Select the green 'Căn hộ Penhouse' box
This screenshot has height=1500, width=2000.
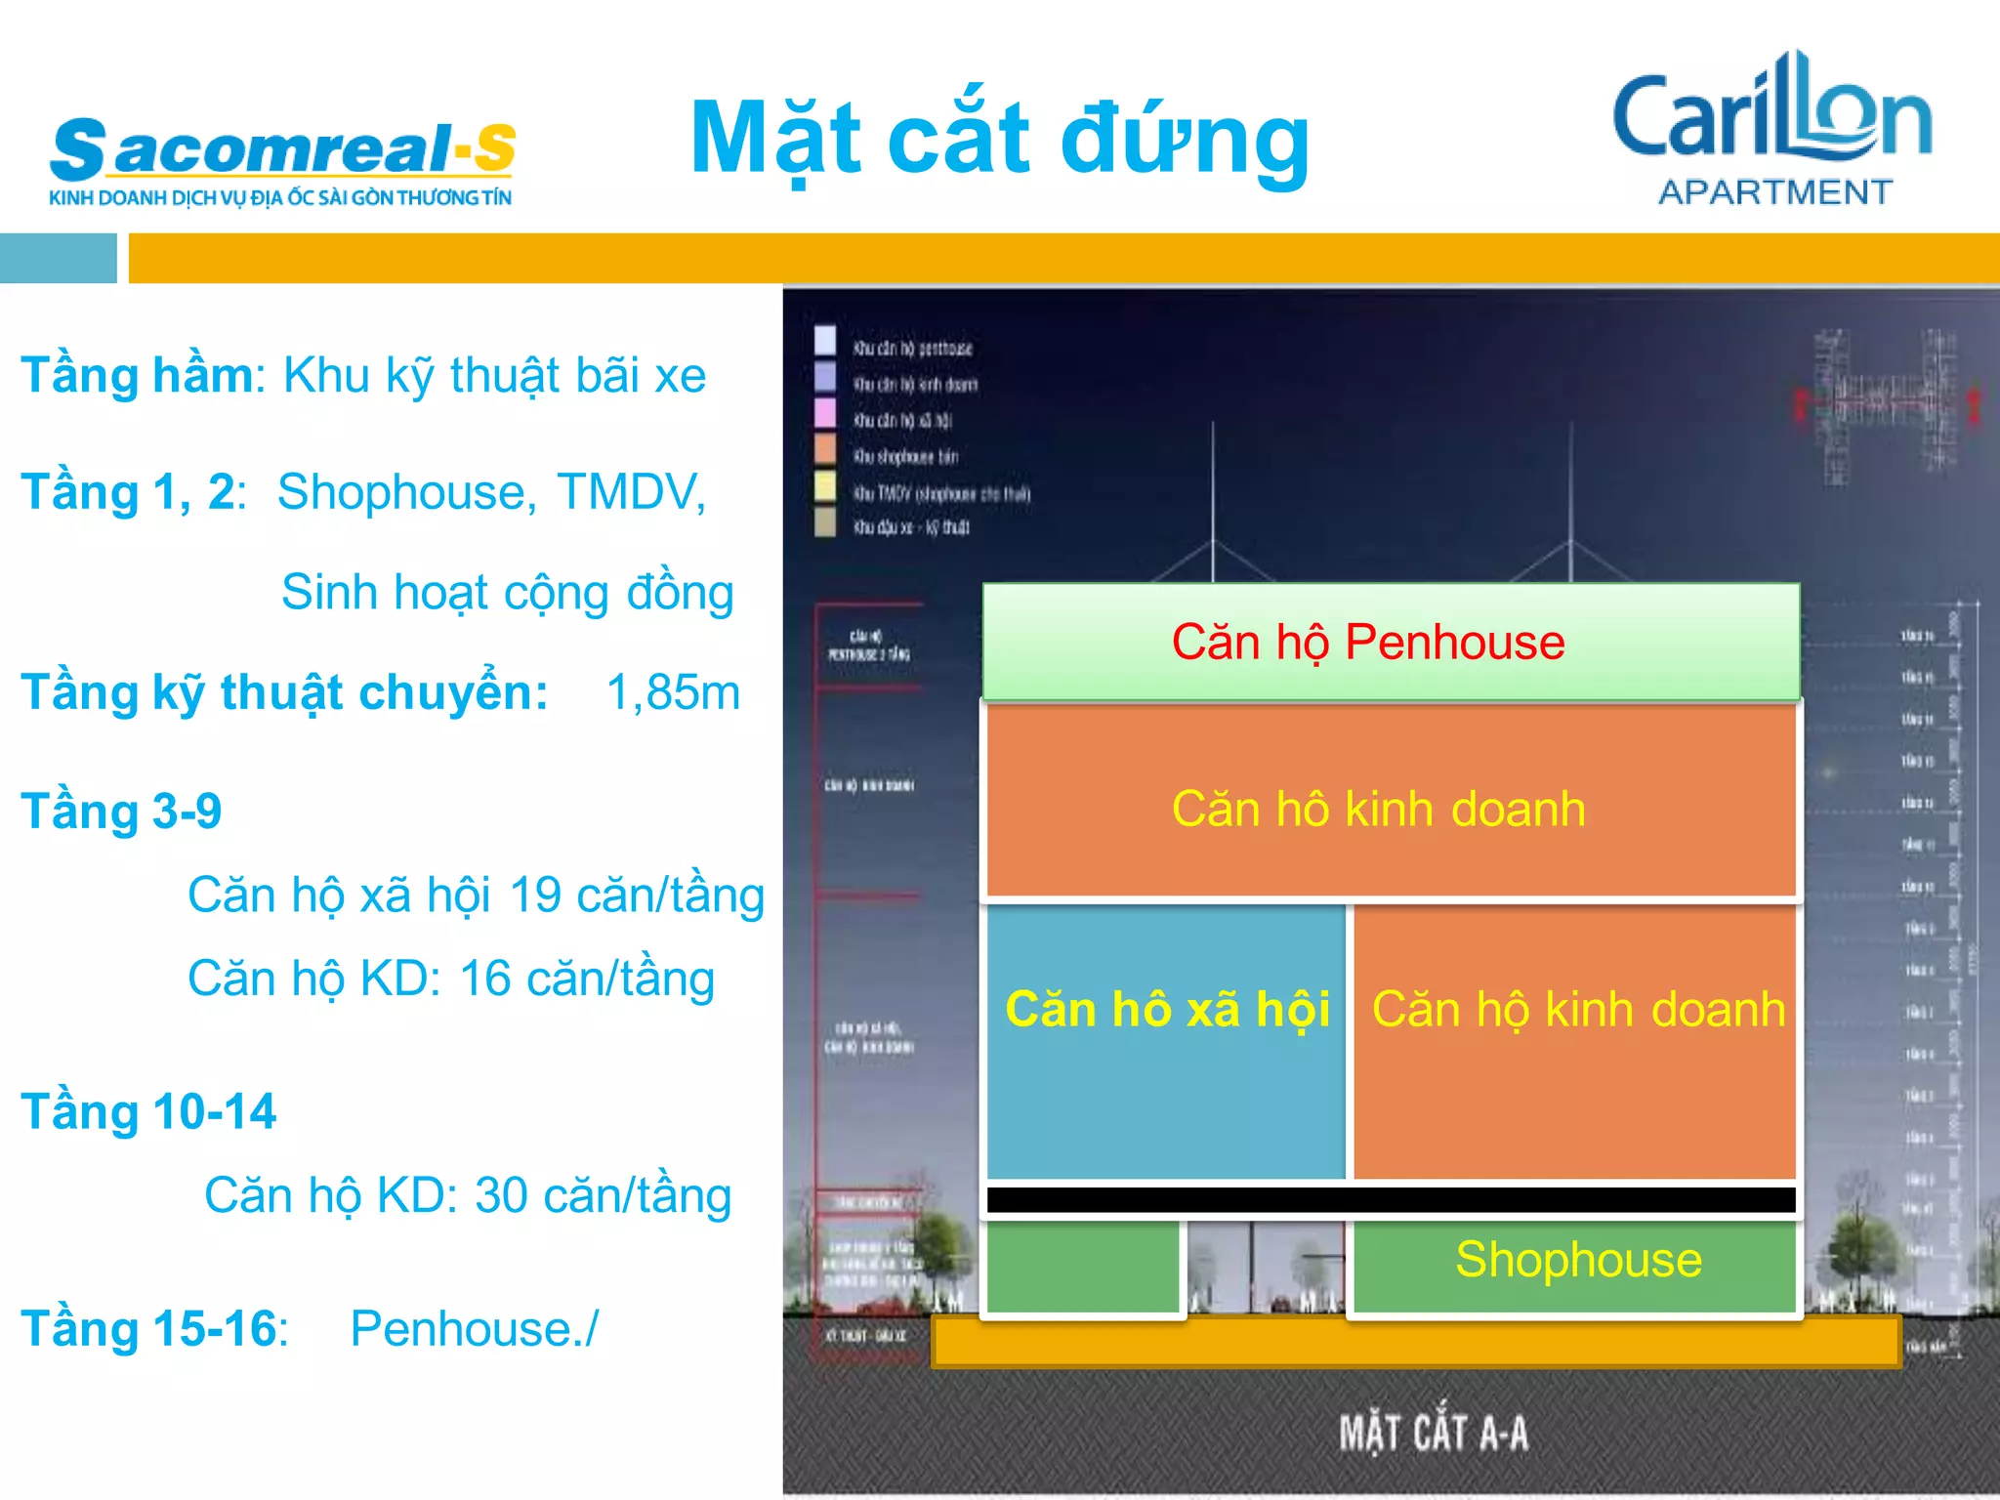[1391, 642]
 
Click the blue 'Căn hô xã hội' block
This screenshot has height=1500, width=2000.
[1166, 1041]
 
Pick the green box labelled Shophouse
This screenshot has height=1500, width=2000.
[1574, 1266]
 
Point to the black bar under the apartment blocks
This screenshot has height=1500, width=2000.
[1391, 1200]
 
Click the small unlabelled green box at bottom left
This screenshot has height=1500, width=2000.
[1083, 1267]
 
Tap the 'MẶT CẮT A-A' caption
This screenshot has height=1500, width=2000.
[1433, 1434]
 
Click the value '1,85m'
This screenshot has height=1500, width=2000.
[673, 692]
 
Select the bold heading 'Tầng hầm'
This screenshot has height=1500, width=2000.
[137, 376]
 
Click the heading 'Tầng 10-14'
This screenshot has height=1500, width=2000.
[148, 1112]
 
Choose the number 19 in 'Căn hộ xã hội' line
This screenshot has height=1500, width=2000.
[534, 895]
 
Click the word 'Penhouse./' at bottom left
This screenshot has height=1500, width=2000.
[474, 1329]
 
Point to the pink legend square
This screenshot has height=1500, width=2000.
[825, 413]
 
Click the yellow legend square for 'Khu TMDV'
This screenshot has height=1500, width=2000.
[825, 486]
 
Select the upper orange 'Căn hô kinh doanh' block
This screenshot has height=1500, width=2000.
[1391, 801]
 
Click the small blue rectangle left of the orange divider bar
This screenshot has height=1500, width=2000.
[58, 258]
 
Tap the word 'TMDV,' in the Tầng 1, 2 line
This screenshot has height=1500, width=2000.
[631, 492]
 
